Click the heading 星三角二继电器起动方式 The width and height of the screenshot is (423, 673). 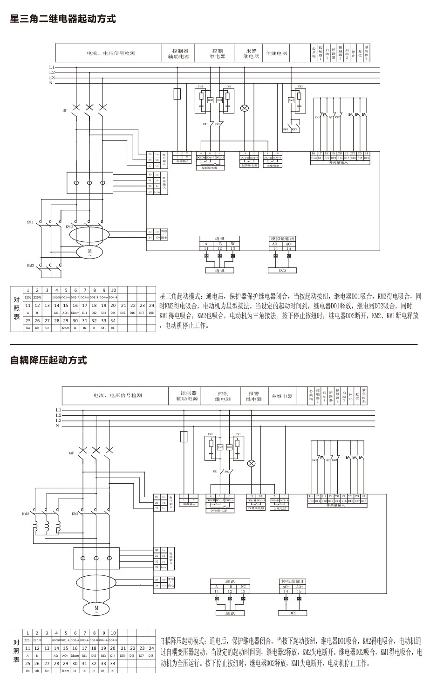63,19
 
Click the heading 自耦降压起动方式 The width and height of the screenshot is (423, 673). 48,360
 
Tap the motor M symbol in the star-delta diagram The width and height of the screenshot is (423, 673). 90,252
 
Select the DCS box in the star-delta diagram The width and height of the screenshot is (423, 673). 282,270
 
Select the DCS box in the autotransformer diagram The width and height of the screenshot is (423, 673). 292,613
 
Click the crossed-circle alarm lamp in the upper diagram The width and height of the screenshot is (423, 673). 244,108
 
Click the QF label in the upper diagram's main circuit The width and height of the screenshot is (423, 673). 65,110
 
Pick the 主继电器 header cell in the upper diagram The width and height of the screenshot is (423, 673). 276,53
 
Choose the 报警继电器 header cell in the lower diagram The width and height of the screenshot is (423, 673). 254,396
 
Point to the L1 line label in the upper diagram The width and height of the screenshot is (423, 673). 52,67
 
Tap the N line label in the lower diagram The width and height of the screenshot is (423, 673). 57,426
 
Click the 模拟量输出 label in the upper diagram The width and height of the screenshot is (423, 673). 282,239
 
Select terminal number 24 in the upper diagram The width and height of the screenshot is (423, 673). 366,153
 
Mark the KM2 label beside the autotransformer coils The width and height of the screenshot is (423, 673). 25,514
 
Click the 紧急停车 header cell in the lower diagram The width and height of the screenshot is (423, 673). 364,396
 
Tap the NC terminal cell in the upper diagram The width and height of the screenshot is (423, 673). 232,244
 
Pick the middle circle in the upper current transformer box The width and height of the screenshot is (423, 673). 90,183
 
